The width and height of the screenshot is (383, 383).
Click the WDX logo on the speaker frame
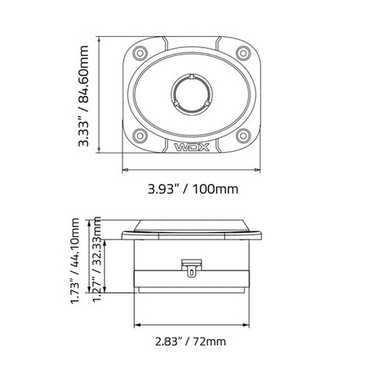coord(191,145)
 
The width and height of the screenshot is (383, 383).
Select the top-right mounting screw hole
coord(243,53)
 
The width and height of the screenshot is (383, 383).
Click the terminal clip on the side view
coord(191,267)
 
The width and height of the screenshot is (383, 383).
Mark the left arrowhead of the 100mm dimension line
coord(125,169)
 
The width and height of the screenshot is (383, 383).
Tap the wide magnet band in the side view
coord(191,281)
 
